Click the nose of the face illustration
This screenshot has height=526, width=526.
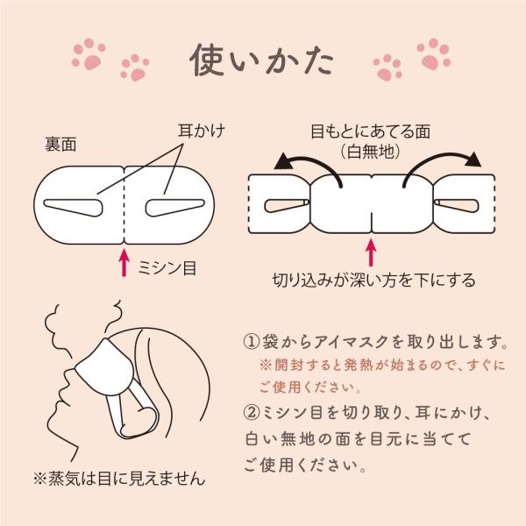(x=63, y=392)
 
